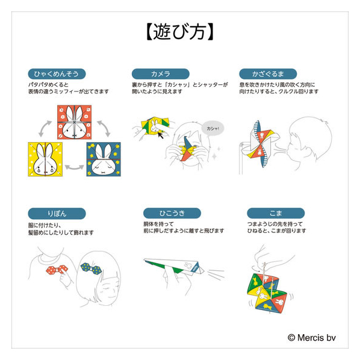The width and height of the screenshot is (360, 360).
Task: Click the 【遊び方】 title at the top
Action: tap(180, 32)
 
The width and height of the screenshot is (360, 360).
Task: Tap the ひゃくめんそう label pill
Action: tap(57, 74)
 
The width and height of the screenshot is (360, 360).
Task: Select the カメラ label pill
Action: tap(161, 74)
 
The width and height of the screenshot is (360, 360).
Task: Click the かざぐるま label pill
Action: tap(268, 74)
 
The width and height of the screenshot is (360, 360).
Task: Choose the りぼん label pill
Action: tap(57, 214)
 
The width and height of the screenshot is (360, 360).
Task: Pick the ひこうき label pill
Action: tap(172, 213)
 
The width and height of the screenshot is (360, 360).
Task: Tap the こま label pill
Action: tap(276, 213)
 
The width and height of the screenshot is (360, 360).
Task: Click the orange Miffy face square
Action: tap(75, 122)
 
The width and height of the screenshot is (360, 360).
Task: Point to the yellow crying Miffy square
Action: tap(45, 159)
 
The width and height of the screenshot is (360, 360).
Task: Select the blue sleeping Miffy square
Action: tap(104, 159)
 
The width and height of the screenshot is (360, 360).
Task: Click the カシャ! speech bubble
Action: tap(213, 128)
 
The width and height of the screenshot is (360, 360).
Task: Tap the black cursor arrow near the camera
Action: tap(160, 135)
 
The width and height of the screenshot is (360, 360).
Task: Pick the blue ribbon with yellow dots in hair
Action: tap(91, 268)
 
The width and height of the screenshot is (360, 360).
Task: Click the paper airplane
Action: tap(174, 267)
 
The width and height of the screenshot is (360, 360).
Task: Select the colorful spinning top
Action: tap(267, 293)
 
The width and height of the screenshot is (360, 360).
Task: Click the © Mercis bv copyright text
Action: tap(312, 338)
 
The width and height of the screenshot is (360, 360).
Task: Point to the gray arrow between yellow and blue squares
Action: tap(75, 167)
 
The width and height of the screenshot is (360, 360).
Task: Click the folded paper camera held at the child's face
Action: tap(187, 149)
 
